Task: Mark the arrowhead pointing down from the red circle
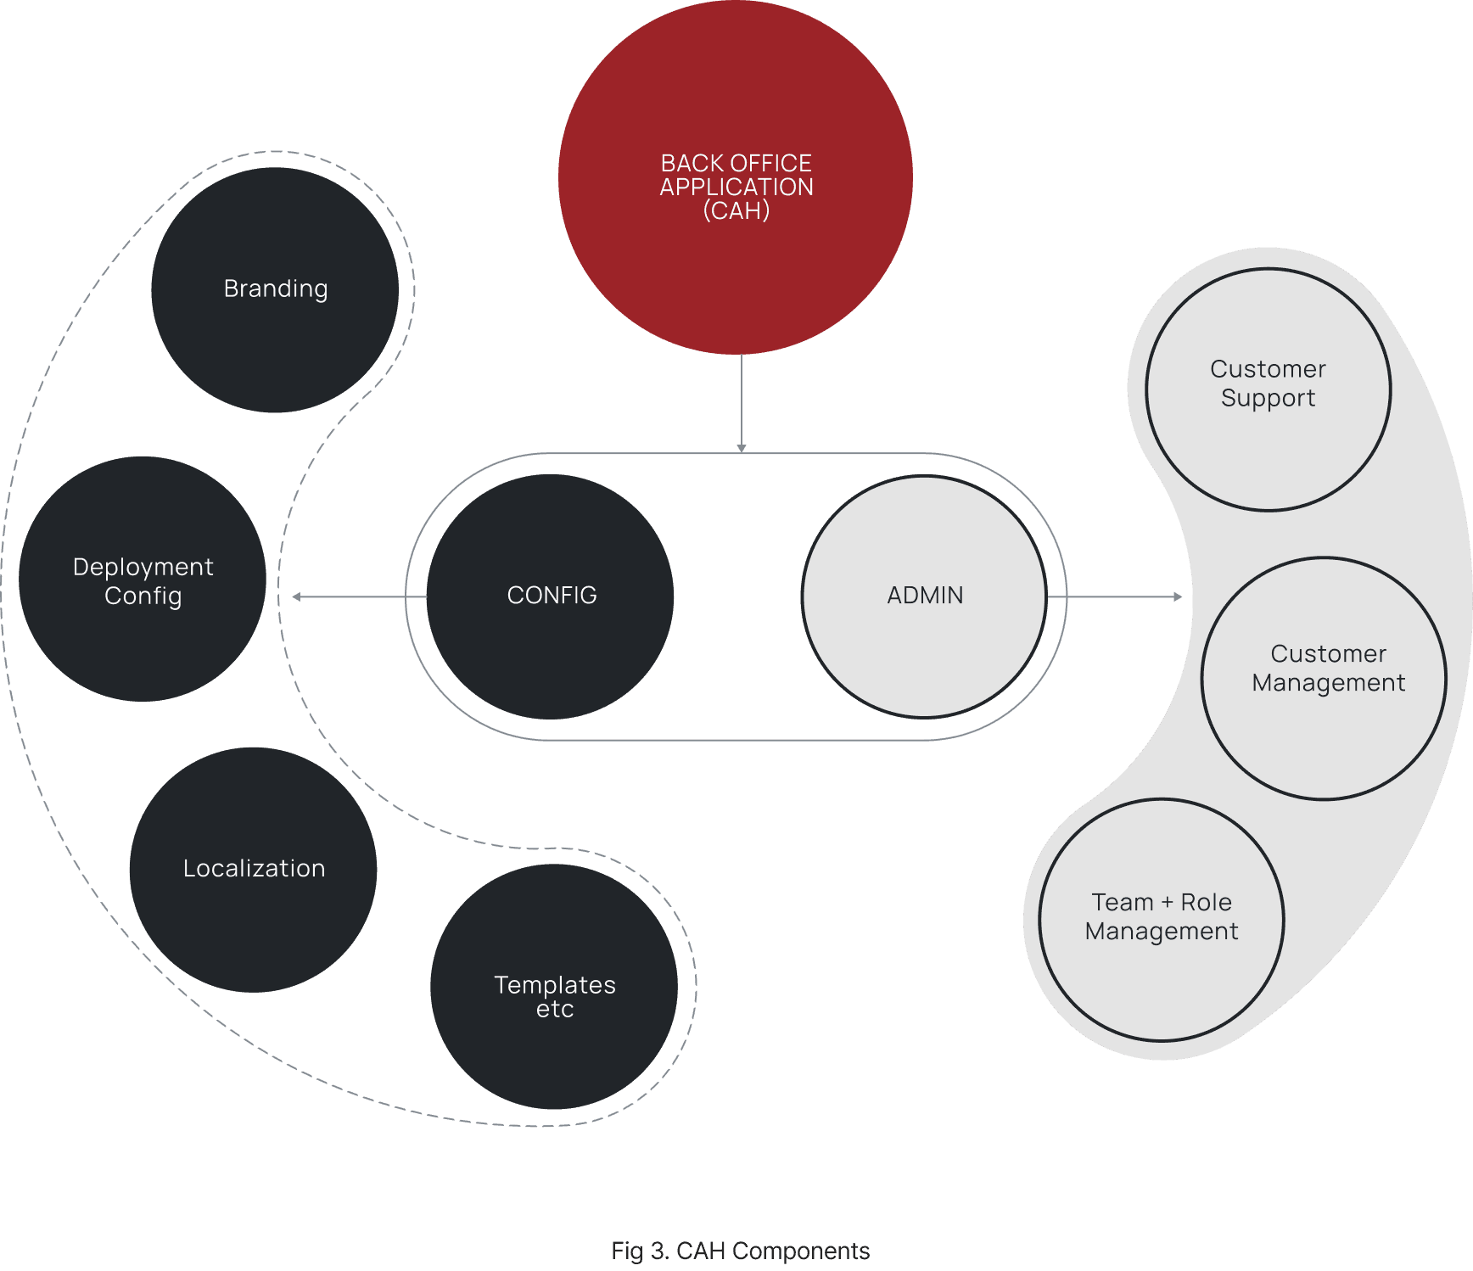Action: [x=742, y=448]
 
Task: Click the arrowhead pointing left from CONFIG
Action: [x=296, y=596]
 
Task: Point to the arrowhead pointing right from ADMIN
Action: [x=1178, y=596]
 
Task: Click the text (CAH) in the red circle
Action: [x=736, y=210]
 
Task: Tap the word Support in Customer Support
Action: [x=1268, y=398]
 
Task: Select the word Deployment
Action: [x=143, y=567]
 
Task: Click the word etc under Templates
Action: [x=555, y=1010]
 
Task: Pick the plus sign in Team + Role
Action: [x=1167, y=903]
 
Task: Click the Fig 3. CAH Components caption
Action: [x=740, y=1251]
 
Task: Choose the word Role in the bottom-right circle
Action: [x=1206, y=902]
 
